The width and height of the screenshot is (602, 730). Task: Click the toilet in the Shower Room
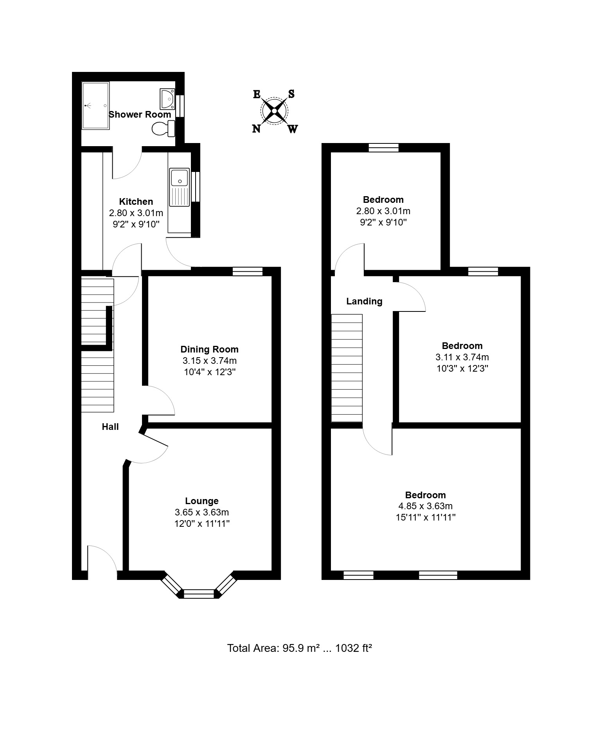[x=163, y=129]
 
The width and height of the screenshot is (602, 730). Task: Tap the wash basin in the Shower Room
[x=167, y=98]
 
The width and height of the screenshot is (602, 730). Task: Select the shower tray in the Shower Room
[x=95, y=106]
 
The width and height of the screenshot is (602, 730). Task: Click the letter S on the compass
[x=291, y=94]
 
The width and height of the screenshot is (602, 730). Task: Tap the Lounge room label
[x=202, y=501]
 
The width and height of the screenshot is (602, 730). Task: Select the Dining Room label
[x=209, y=349]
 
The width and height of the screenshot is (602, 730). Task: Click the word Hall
[x=110, y=427]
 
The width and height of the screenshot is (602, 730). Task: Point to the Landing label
[x=364, y=301]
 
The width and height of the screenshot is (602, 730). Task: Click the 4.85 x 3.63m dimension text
[x=426, y=506]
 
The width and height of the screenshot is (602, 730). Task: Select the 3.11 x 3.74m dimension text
[x=462, y=357]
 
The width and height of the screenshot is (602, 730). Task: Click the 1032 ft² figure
[x=354, y=648]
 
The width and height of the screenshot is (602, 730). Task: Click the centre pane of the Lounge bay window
[x=199, y=594]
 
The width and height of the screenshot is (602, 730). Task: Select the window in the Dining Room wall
[x=248, y=272]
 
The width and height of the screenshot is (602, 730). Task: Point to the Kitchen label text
[x=136, y=202]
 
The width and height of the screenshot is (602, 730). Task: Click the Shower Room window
[x=180, y=106]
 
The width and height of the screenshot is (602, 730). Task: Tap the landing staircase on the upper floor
[x=347, y=368]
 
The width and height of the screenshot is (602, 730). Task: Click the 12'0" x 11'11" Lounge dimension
[x=202, y=524]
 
